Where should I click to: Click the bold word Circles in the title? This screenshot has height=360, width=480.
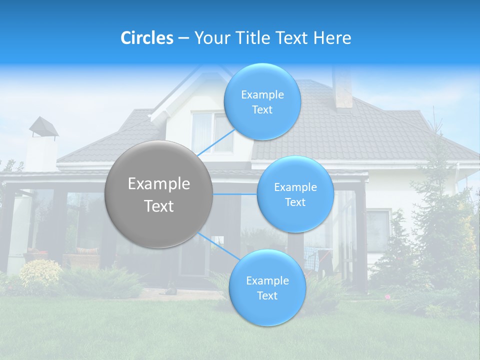tap(147, 38)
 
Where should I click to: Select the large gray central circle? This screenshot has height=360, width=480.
tap(159, 194)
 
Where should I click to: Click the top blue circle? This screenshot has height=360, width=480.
tap(262, 101)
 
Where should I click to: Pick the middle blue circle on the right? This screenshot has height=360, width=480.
tap(295, 194)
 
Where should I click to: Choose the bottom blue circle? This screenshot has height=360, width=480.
tap(267, 287)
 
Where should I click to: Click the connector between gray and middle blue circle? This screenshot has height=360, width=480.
tap(235, 194)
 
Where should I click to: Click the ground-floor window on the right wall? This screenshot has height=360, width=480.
tap(378, 230)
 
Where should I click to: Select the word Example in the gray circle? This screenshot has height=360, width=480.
tap(159, 184)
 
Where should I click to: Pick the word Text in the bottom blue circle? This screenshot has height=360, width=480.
tap(267, 295)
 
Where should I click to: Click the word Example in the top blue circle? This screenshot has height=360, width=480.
tap(262, 95)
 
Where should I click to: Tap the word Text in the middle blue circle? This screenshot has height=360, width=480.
tap(295, 202)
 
